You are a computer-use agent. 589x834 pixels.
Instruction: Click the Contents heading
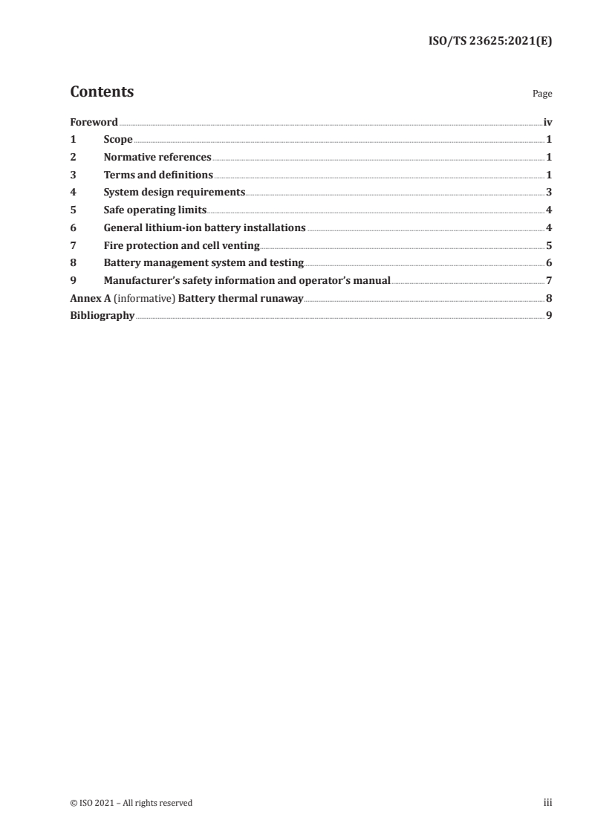[x=102, y=92]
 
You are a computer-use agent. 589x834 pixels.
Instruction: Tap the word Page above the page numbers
[x=542, y=94]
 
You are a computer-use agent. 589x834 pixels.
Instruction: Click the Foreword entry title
[x=94, y=122]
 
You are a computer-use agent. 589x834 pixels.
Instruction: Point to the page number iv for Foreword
[x=547, y=122]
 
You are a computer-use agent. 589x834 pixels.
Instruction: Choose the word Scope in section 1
[x=118, y=140]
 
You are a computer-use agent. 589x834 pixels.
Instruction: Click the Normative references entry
[x=157, y=158]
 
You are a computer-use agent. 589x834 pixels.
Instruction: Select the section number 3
[x=73, y=175]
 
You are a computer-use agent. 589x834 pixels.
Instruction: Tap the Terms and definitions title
[x=158, y=175]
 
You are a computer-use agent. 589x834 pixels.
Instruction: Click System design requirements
[x=175, y=193]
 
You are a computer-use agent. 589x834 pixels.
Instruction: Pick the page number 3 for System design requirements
[x=548, y=193]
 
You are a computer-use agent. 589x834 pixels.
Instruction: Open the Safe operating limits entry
[x=155, y=210]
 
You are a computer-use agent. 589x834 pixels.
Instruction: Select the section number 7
[x=73, y=245]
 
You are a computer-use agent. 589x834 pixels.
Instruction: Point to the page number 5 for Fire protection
[x=548, y=245]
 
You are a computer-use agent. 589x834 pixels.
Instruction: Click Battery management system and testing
[x=204, y=263]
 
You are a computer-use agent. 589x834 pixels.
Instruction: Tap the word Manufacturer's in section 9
[x=137, y=281]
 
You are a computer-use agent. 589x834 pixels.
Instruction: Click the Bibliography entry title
[x=102, y=316]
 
